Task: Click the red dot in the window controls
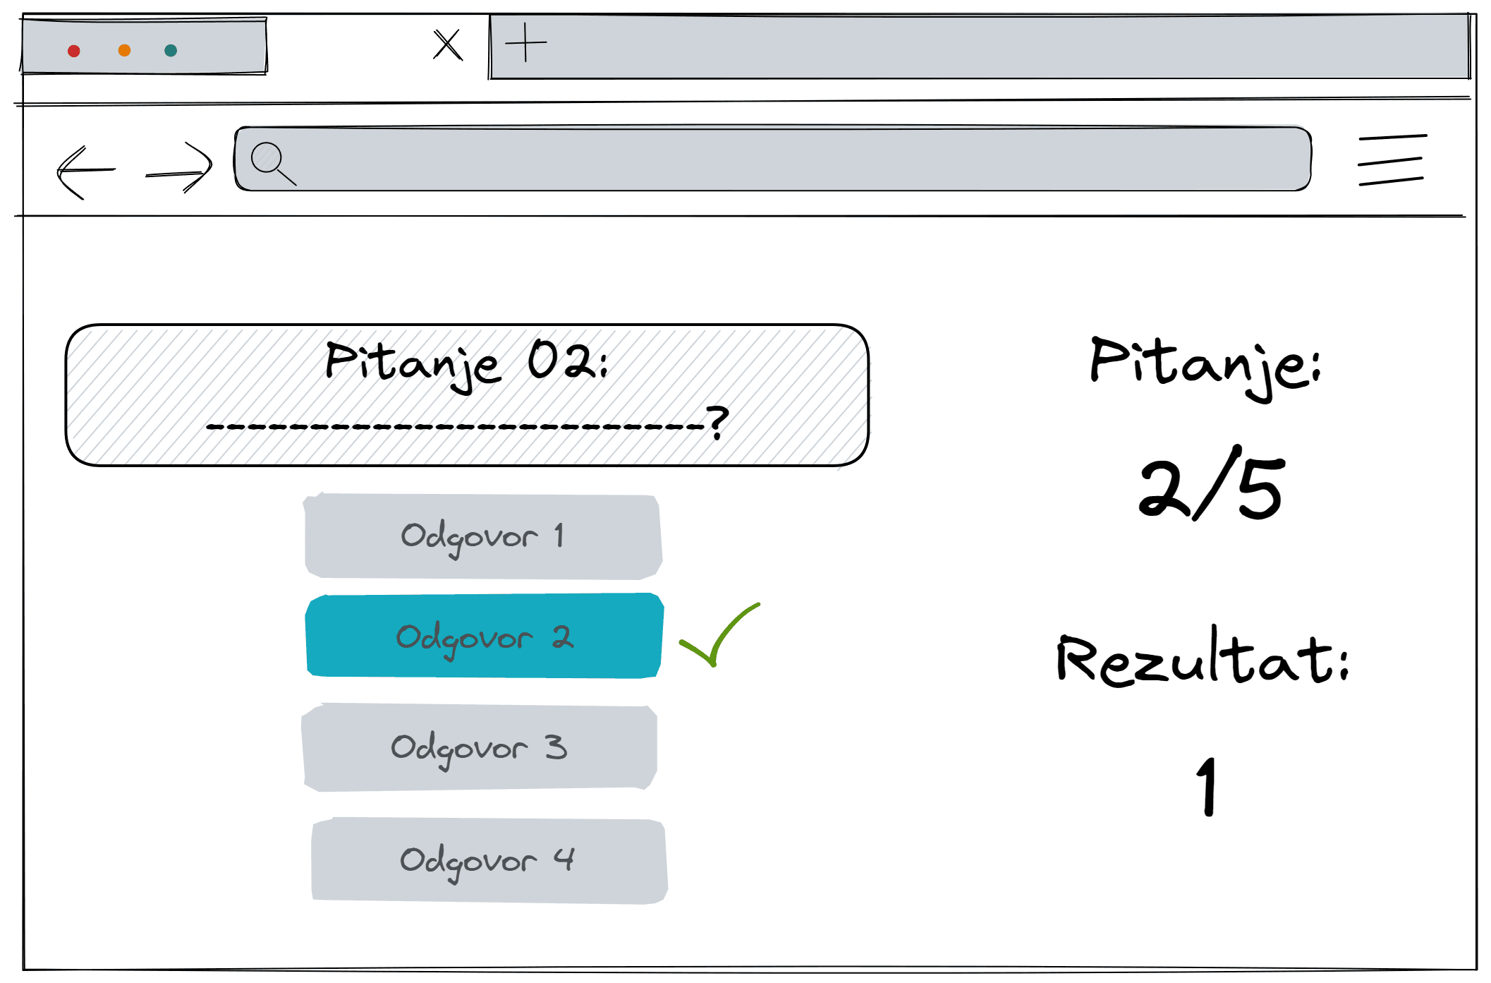click(x=74, y=51)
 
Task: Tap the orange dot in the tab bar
click(x=125, y=50)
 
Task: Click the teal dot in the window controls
click(x=171, y=50)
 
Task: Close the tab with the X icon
click(x=448, y=44)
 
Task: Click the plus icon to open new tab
click(x=526, y=42)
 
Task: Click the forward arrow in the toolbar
click(x=179, y=168)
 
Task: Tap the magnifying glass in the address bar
click(x=273, y=164)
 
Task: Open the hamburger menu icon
click(x=1392, y=160)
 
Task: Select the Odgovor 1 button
click(x=483, y=536)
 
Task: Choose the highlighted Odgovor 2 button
click(x=485, y=636)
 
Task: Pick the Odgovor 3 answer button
click(x=480, y=747)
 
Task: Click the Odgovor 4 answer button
click(x=489, y=860)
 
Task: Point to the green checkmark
click(x=719, y=634)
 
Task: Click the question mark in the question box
click(x=717, y=422)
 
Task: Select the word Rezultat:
click(x=1203, y=656)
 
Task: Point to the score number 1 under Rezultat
click(x=1207, y=786)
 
